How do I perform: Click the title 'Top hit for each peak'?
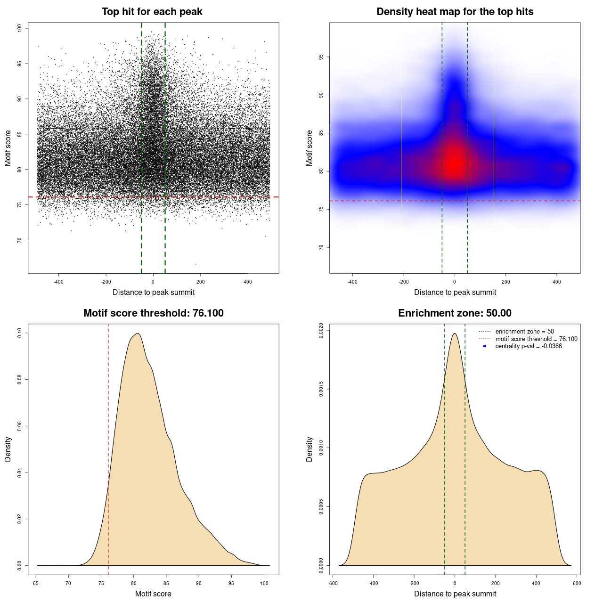(x=152, y=12)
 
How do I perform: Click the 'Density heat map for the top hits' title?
(x=455, y=12)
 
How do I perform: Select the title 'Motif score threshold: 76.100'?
(x=153, y=313)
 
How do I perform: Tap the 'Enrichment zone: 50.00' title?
(x=455, y=313)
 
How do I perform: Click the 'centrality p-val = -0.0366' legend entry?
(x=528, y=346)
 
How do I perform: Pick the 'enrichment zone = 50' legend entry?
(x=524, y=332)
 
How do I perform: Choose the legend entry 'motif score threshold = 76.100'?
(x=536, y=339)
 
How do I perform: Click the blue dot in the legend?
(x=485, y=346)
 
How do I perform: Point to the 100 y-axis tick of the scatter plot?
(x=20, y=28)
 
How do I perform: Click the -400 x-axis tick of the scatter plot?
(x=58, y=282)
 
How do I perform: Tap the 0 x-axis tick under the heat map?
(x=455, y=282)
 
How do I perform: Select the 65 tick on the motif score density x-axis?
(x=36, y=583)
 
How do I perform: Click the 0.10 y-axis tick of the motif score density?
(x=20, y=333)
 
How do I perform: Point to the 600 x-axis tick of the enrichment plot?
(x=577, y=583)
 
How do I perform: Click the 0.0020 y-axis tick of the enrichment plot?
(x=321, y=330)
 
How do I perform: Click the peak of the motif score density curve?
(x=138, y=334)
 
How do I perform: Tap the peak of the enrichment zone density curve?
(x=455, y=334)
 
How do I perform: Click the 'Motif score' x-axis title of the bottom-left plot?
(x=153, y=594)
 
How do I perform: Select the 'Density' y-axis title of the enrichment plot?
(x=310, y=449)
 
